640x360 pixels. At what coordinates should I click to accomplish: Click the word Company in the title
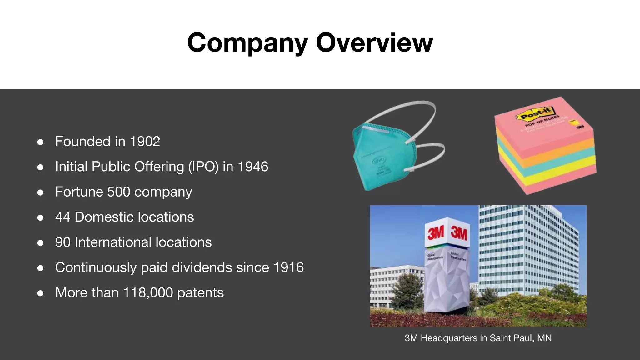click(x=247, y=43)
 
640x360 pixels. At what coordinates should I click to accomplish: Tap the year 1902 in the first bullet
click(x=145, y=142)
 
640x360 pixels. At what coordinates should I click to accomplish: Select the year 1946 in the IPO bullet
click(x=253, y=167)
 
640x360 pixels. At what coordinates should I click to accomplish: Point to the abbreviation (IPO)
click(x=203, y=167)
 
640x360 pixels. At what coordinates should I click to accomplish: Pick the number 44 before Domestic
click(x=62, y=217)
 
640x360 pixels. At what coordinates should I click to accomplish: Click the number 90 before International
click(x=62, y=242)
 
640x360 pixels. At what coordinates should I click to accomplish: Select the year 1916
click(x=288, y=267)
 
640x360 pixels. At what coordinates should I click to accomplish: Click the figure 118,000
click(x=148, y=293)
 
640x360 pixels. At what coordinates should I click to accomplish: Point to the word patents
click(x=200, y=293)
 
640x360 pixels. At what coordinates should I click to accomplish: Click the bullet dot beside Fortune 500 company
click(x=40, y=192)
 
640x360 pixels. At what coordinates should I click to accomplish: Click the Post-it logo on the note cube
click(x=535, y=114)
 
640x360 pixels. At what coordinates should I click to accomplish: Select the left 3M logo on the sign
click(x=436, y=232)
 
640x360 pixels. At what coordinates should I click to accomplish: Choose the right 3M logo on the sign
click(x=458, y=233)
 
